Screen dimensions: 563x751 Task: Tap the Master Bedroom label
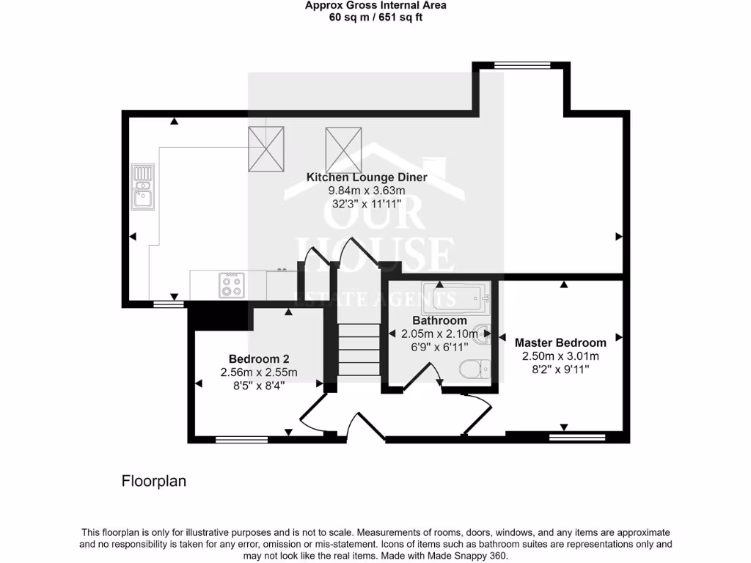(x=560, y=342)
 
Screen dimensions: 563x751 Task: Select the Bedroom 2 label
(x=259, y=359)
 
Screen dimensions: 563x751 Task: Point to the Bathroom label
(x=439, y=320)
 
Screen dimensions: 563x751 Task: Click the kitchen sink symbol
(x=142, y=187)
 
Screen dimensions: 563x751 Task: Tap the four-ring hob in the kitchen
(x=232, y=285)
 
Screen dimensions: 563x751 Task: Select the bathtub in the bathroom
(x=455, y=297)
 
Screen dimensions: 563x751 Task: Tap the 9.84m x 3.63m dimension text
(x=366, y=191)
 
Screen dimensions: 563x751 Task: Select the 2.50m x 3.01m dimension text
(x=560, y=356)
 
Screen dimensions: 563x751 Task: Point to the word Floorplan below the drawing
(x=153, y=482)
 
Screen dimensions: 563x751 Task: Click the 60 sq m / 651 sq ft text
(x=375, y=17)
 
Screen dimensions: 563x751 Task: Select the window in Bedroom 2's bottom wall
(x=242, y=440)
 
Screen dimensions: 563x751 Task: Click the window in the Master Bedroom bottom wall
(x=578, y=438)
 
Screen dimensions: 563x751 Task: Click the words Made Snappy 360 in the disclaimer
(x=469, y=556)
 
